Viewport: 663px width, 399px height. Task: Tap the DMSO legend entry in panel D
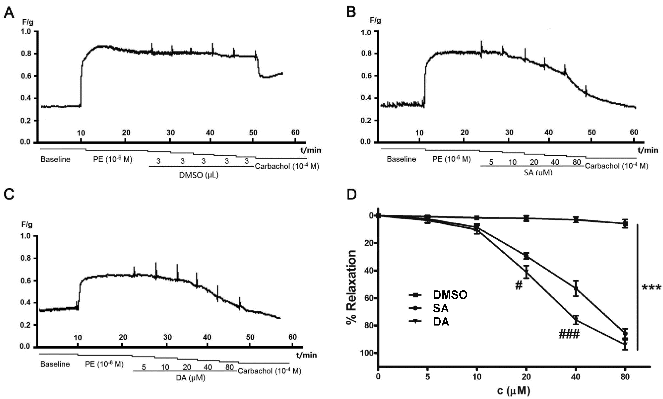click(450, 295)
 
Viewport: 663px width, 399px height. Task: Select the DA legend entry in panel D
click(441, 322)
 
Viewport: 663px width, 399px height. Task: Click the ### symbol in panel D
click(569, 334)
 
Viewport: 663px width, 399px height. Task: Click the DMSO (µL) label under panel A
click(199, 175)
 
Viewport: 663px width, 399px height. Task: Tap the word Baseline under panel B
click(401, 159)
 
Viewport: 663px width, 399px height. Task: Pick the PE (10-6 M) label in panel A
click(112, 159)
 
